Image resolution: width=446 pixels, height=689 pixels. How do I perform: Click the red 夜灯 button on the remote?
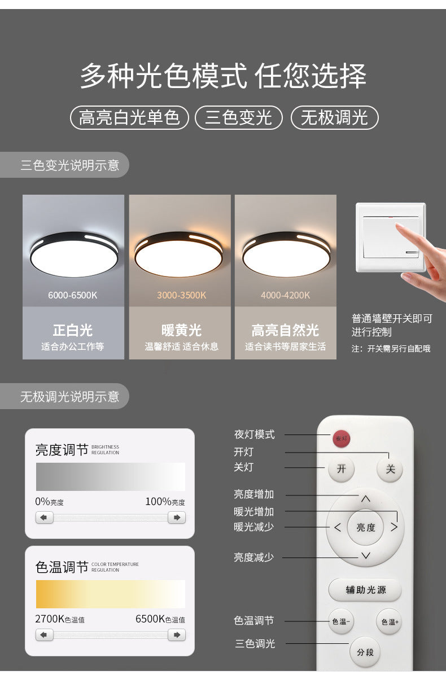point(342,438)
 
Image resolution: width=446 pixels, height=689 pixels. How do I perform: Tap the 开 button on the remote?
point(342,469)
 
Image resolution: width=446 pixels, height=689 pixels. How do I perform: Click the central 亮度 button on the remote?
point(365,528)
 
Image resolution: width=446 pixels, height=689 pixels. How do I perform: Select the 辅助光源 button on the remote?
point(365,590)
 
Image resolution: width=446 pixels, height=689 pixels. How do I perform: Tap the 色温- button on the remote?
point(341,621)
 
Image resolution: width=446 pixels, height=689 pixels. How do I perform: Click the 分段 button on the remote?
point(365,652)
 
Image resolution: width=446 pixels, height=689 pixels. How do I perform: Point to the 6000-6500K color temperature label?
point(73,295)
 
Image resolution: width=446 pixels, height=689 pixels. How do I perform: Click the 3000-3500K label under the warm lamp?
point(181,295)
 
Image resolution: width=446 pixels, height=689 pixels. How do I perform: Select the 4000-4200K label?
point(285,295)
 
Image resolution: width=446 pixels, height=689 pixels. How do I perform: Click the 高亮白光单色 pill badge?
point(129,117)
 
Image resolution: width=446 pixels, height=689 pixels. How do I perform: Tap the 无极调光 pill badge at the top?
point(334,117)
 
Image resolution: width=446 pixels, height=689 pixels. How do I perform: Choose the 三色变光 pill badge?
point(238,117)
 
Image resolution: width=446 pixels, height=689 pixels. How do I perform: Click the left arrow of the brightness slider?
point(45,517)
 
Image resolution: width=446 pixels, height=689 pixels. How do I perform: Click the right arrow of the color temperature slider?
point(177,635)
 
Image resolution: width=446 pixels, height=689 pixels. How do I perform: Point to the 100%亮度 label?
point(165,502)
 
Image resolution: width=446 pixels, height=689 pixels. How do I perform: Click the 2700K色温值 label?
point(60,619)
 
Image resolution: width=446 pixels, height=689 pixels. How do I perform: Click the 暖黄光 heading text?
point(181,330)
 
